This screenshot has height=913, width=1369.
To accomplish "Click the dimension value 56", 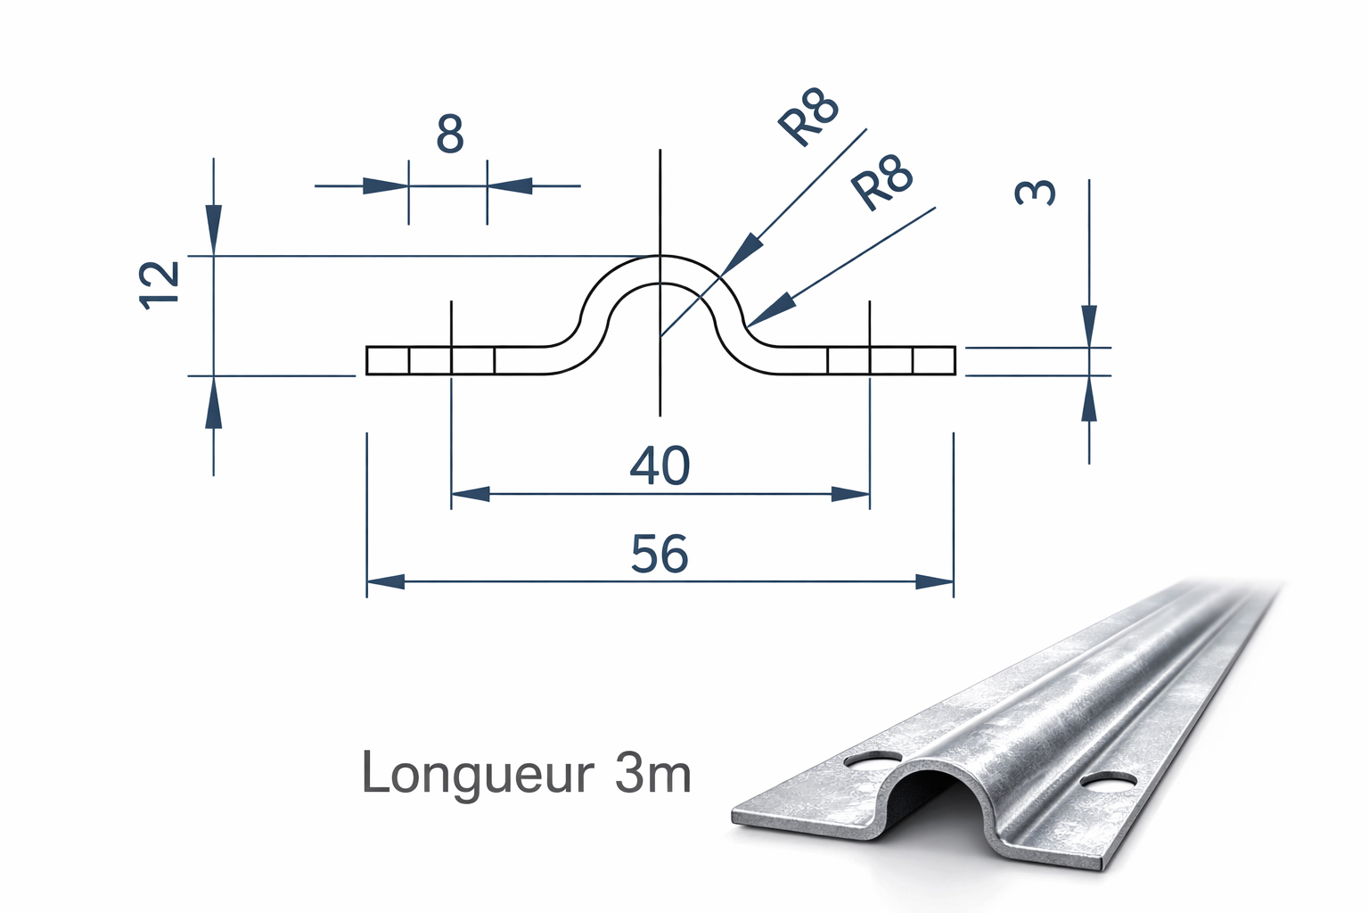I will point(660,554).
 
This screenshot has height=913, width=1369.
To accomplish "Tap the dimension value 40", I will point(660,466).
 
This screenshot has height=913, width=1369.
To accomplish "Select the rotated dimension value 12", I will point(160,284).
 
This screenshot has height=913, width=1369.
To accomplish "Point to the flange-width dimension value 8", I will point(450,136).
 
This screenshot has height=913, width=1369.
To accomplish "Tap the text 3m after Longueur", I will point(652,774).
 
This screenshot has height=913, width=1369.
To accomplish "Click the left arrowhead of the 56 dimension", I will point(385,582).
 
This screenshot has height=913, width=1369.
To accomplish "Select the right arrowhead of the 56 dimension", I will point(935,582).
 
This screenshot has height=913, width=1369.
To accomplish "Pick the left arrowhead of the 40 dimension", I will point(471,494).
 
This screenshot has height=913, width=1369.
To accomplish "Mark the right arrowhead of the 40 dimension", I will point(850,494).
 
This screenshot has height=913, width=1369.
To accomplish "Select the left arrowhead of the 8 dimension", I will point(385,186).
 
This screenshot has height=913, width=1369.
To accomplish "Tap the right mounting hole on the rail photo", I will point(1106,781).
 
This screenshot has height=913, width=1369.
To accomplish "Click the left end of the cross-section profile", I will point(368,361).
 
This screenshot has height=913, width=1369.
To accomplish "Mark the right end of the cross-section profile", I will point(954,361).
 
